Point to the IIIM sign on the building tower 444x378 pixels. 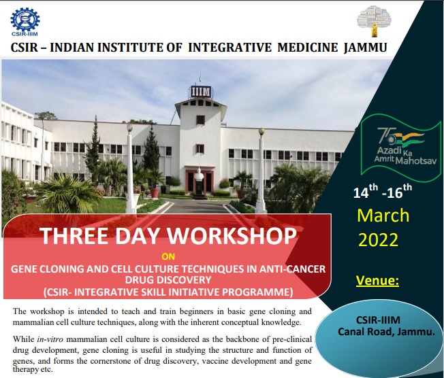201,91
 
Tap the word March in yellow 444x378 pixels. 383,216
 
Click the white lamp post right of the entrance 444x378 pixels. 260,170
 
